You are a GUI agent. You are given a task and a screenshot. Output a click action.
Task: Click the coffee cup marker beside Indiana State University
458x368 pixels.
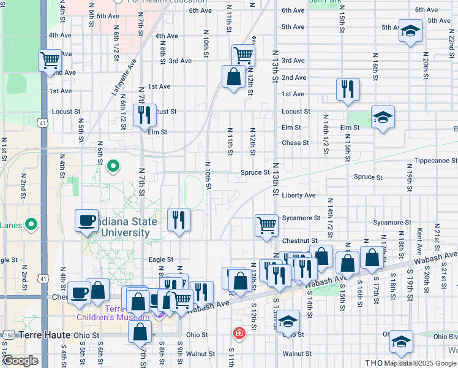click(87, 220)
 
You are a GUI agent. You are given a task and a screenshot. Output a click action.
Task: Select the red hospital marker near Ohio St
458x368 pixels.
click(239, 334)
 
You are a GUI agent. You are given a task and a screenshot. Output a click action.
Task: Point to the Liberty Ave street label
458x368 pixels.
click(299, 195)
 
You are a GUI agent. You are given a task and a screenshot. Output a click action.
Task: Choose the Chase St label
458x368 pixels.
click(295, 143)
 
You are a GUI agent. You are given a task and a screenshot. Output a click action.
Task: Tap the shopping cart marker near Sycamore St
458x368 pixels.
click(267, 225)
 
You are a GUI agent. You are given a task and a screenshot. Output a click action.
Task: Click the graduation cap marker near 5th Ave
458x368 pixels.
click(410, 31)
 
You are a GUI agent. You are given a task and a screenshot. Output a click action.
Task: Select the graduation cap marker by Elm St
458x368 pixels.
click(383, 117)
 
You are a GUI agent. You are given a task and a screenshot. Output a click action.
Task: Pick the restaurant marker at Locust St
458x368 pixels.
click(145, 115)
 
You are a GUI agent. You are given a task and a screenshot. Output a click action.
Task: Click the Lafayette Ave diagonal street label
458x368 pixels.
click(124, 77)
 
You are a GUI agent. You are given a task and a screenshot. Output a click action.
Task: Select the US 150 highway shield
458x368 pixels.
click(7, 335)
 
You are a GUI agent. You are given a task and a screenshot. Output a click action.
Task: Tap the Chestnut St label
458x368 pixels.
click(299, 241)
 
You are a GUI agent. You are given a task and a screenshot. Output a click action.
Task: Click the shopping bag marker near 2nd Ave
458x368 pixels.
click(233, 77)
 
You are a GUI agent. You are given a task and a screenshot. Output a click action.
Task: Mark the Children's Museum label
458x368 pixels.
click(113, 316)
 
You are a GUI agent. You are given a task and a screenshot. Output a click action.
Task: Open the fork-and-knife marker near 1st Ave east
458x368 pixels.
click(347, 90)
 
